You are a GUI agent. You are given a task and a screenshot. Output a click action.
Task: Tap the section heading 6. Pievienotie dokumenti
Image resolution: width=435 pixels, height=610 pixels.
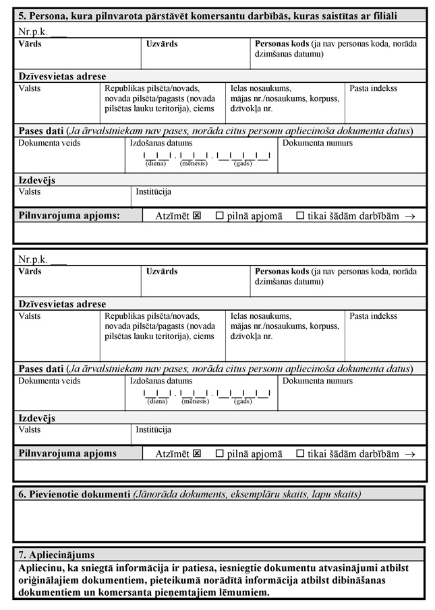coord(74,494)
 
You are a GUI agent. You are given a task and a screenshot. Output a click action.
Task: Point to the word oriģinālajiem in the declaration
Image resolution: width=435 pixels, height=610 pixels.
coord(52,580)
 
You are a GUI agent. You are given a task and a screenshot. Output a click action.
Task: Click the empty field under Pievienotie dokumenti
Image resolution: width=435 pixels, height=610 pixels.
coord(219,520)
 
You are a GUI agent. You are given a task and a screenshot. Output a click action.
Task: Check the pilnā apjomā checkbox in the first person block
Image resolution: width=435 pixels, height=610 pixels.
coord(219,216)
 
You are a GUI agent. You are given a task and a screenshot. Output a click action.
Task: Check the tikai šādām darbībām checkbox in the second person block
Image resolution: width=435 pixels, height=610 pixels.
coord(300,454)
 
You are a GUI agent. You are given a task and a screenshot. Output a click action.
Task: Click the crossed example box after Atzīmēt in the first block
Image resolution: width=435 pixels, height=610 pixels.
coord(197,216)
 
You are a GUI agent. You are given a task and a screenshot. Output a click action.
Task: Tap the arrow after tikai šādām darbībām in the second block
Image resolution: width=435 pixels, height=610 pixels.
coord(410,454)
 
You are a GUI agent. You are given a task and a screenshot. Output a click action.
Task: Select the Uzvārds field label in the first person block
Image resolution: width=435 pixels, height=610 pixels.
coord(162,44)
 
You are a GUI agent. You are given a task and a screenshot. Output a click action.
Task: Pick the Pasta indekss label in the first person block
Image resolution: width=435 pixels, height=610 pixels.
coord(373,88)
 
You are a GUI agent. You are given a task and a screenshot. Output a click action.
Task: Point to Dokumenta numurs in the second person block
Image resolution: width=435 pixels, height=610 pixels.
coord(317,382)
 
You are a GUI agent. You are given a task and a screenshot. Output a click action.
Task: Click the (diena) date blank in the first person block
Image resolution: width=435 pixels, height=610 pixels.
coord(156,158)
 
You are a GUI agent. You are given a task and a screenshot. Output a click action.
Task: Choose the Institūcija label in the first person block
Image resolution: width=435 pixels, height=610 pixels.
coord(154,191)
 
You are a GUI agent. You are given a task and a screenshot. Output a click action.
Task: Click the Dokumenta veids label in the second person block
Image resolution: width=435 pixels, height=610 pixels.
coord(49,382)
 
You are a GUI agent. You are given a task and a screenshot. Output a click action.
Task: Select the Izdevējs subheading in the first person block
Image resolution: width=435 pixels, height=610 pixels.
coord(37,180)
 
